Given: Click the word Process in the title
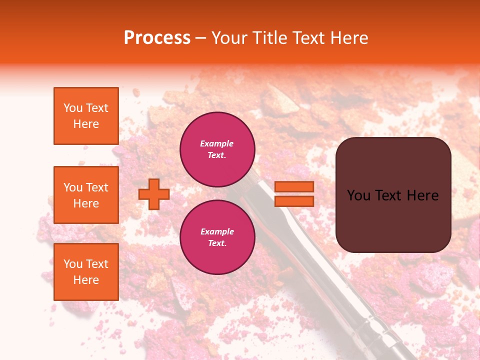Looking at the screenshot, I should [157, 38].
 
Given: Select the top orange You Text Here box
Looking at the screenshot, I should [86, 116].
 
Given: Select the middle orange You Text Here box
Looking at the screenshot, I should [86, 195].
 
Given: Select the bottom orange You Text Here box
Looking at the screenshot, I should [86, 271].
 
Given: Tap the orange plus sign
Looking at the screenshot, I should [154, 194].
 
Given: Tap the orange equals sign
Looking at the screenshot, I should [294, 194].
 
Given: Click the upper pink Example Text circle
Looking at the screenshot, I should [217, 149].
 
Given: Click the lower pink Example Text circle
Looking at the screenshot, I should [217, 237].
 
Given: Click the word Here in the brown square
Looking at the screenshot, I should [422, 195].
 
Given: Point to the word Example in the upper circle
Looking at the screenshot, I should [217, 144].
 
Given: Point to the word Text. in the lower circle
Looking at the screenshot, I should [217, 243].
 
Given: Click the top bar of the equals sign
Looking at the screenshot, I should [294, 187].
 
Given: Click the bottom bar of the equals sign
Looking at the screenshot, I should [294, 201].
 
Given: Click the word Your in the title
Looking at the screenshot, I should [228, 38].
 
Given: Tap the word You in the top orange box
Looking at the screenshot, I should [72, 108].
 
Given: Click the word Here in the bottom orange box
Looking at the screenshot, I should [86, 280].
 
